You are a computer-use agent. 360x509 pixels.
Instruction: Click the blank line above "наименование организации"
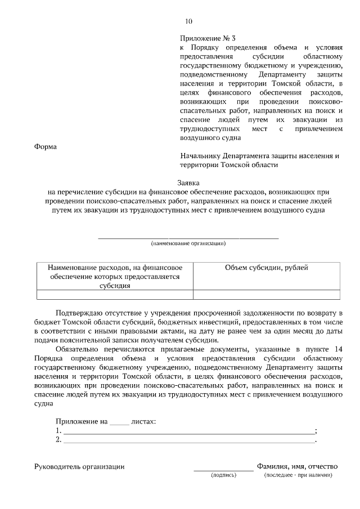click(x=188, y=238)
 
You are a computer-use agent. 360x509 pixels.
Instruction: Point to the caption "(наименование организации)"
click(x=188, y=244)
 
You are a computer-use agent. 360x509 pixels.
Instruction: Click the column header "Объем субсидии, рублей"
click(x=266, y=268)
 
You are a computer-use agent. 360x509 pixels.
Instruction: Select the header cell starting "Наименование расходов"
click(x=114, y=276)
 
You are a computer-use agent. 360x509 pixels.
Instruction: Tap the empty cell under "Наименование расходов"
click(x=114, y=294)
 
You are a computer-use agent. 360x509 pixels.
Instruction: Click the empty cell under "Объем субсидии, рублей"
click(x=266, y=294)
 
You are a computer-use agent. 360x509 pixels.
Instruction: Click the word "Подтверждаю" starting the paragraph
click(x=81, y=312)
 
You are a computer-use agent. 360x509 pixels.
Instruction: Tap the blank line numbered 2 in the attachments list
click(x=188, y=440)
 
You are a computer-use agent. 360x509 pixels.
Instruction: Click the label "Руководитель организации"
click(x=79, y=466)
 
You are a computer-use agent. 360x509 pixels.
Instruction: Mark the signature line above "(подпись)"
click(x=223, y=469)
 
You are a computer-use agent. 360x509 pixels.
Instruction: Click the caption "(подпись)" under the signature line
click(x=224, y=475)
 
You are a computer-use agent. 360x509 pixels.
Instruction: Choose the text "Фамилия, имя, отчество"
click(x=296, y=466)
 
